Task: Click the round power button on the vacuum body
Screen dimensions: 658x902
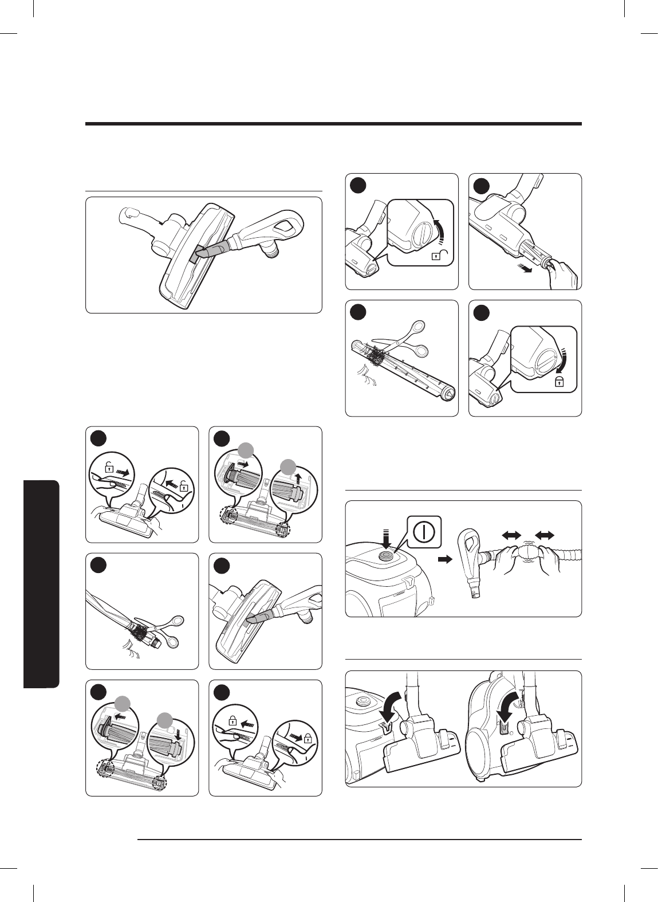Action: [386, 555]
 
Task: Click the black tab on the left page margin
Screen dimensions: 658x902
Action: [42, 584]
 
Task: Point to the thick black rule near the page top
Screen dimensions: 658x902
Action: [333, 124]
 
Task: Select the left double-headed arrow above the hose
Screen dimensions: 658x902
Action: [510, 535]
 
